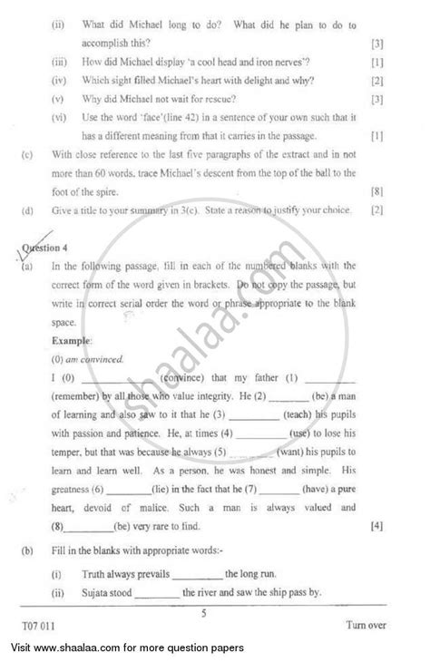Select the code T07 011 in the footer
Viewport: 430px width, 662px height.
click(x=40, y=626)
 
